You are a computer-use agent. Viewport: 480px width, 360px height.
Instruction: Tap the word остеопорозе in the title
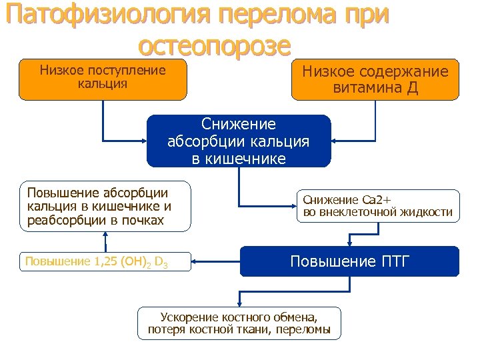tap(215, 45)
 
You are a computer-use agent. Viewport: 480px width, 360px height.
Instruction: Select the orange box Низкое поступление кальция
tap(103, 80)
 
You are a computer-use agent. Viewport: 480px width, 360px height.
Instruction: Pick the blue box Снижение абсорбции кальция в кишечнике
tap(239, 141)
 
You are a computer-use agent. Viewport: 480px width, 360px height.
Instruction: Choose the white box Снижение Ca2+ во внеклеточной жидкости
tap(378, 206)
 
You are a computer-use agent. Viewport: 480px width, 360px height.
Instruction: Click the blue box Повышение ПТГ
tap(349, 261)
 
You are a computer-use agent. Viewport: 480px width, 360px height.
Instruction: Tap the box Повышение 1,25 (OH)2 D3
tap(105, 261)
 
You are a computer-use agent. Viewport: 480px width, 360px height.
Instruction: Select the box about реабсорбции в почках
tap(105, 206)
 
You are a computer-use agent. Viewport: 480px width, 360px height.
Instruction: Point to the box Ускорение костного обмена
tap(239, 323)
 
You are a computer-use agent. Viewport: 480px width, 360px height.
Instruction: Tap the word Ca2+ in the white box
tap(378, 199)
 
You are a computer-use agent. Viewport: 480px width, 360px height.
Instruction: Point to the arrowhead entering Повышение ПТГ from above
tap(349, 243)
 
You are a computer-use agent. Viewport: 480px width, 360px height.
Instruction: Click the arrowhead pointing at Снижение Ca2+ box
tap(291, 206)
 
